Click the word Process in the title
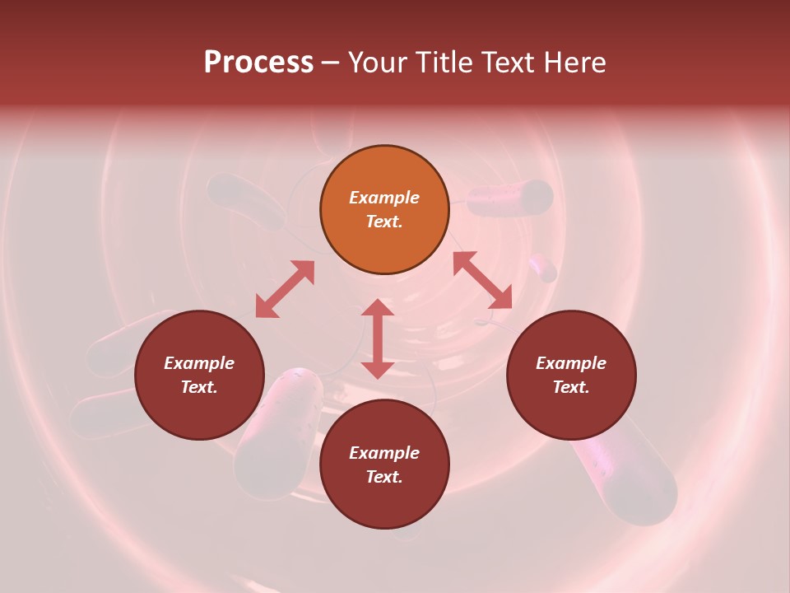[258, 63]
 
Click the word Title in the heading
[443, 63]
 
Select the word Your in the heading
[379, 63]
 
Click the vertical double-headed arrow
[378, 339]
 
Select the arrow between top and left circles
[285, 289]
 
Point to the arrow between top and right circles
[482, 280]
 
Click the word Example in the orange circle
[384, 198]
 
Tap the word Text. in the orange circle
[384, 222]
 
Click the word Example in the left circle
[199, 363]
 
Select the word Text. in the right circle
[571, 387]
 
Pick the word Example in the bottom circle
[384, 453]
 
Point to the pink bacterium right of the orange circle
[510, 198]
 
